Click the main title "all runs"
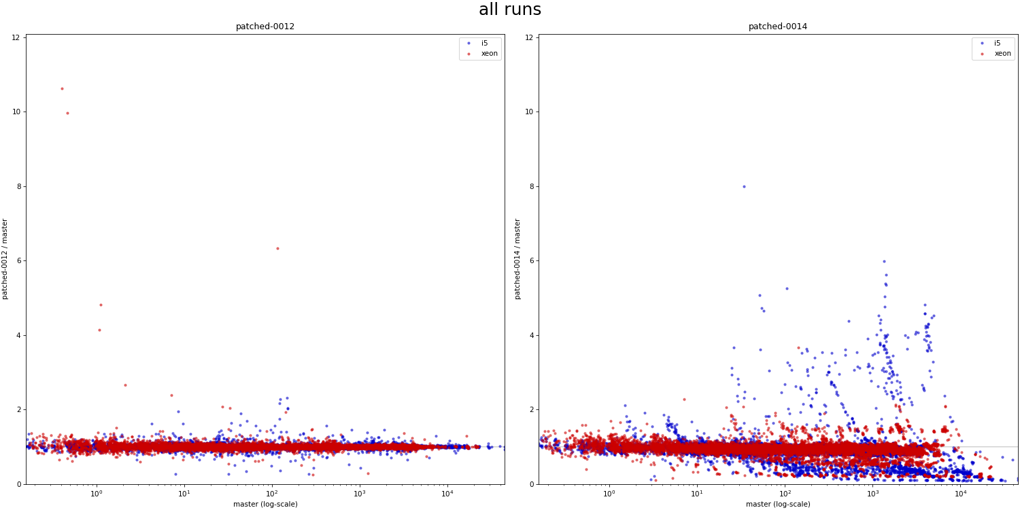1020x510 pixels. pos(510,10)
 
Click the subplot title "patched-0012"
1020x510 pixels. pos(265,27)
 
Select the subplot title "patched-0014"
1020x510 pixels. pos(778,27)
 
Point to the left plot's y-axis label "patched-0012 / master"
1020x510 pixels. pos(5,259)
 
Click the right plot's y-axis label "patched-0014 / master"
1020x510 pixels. pos(518,259)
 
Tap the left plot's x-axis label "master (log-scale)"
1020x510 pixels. pos(265,504)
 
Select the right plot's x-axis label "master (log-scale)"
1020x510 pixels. pos(778,504)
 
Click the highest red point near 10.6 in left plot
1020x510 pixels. pos(62,88)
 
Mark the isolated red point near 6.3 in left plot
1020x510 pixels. pos(277,248)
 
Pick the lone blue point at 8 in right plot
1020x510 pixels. pos(744,186)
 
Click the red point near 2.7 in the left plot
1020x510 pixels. pos(125,385)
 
